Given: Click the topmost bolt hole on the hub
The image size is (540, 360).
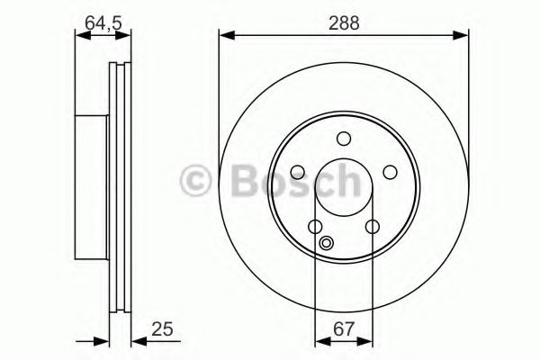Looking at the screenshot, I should pos(343,139).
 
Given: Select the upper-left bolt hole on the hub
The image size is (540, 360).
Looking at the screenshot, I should pos(297,172).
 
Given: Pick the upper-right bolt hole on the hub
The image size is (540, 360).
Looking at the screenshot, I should pos(389,172).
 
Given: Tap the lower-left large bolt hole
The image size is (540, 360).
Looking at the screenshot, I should pos(315,227).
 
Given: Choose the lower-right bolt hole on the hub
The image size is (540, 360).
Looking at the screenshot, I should pos(371,227).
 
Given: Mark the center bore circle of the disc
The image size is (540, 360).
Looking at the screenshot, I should pos(343,187).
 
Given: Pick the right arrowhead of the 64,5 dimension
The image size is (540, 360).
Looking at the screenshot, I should pos(126,36).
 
